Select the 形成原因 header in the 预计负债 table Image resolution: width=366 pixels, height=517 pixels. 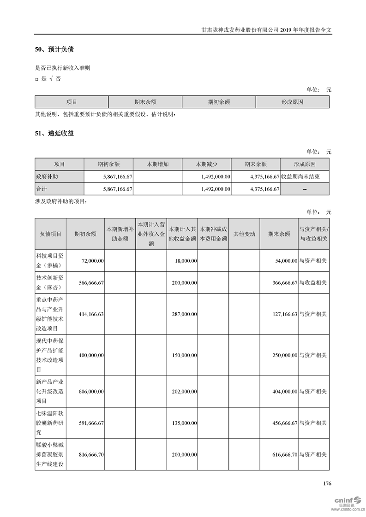click(x=292, y=102)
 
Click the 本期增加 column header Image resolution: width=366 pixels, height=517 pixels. click(x=157, y=164)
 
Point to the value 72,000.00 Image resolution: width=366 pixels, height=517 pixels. click(x=92, y=261)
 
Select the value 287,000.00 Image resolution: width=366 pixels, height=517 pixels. click(x=183, y=314)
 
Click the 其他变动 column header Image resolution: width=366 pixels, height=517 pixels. click(x=244, y=234)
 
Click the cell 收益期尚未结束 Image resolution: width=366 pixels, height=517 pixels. click(x=304, y=176)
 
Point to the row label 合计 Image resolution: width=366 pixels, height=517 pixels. click(x=42, y=189)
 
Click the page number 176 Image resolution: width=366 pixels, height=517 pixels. click(x=327, y=483)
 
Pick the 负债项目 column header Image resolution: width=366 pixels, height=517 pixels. click(x=51, y=234)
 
